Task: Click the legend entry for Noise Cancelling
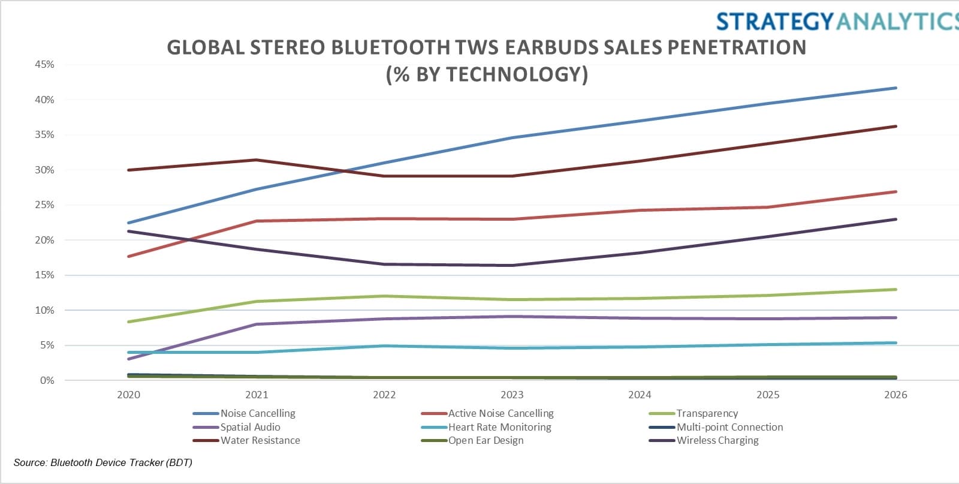click(258, 413)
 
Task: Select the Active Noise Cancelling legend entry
click(500, 413)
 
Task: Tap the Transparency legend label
click(707, 413)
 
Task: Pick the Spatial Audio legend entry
click(250, 427)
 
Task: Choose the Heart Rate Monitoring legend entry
click(499, 427)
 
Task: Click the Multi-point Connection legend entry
click(729, 427)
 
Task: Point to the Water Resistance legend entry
click(260, 440)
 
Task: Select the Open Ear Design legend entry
click(485, 440)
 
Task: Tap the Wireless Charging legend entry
click(717, 440)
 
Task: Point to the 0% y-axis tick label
click(47, 380)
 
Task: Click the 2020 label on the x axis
click(128, 395)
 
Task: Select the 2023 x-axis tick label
click(512, 395)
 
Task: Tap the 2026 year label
click(895, 395)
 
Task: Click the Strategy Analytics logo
click(837, 22)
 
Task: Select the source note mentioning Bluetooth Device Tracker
click(102, 462)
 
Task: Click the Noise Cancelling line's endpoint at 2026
click(896, 88)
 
